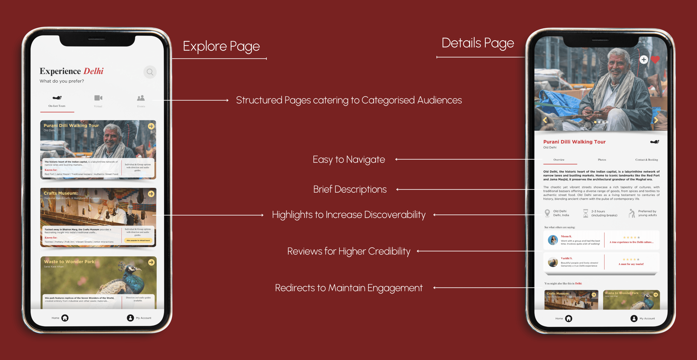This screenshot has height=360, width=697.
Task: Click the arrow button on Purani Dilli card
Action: point(151,126)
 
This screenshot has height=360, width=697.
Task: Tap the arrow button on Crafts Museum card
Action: point(151,194)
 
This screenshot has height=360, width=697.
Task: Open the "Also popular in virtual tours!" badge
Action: point(138,240)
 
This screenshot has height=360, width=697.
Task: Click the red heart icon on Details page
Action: point(655,60)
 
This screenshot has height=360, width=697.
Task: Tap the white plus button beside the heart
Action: point(644,60)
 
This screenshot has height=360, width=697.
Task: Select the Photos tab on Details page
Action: point(602,160)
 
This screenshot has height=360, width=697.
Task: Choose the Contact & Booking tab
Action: point(646,160)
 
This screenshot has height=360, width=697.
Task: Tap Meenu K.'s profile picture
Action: point(553,240)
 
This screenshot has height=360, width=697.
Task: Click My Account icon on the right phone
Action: point(634,319)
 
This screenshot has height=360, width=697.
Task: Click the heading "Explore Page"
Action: point(221,46)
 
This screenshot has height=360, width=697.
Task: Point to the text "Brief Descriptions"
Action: point(350,189)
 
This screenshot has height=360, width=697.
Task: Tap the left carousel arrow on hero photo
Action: point(545,120)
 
